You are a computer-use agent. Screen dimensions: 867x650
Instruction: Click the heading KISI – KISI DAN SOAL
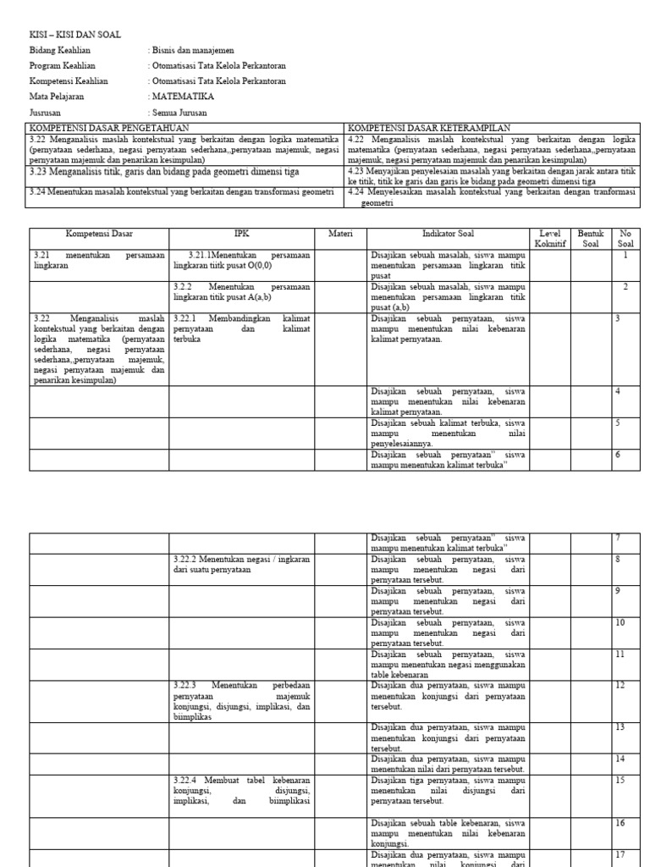click(x=75, y=35)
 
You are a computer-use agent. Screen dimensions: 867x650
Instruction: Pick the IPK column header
click(x=242, y=233)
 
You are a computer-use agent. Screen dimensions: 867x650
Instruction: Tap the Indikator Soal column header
click(x=449, y=233)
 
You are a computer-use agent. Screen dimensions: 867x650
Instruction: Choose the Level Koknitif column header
click(x=550, y=238)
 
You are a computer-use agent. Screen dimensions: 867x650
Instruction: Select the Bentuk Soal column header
click(x=590, y=238)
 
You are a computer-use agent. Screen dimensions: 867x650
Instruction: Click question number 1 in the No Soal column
click(x=625, y=254)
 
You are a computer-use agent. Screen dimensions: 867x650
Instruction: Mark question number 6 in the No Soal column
click(x=618, y=455)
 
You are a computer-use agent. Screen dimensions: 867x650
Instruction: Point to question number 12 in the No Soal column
click(x=620, y=685)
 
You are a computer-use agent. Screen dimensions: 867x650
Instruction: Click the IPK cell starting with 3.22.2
click(x=242, y=564)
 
